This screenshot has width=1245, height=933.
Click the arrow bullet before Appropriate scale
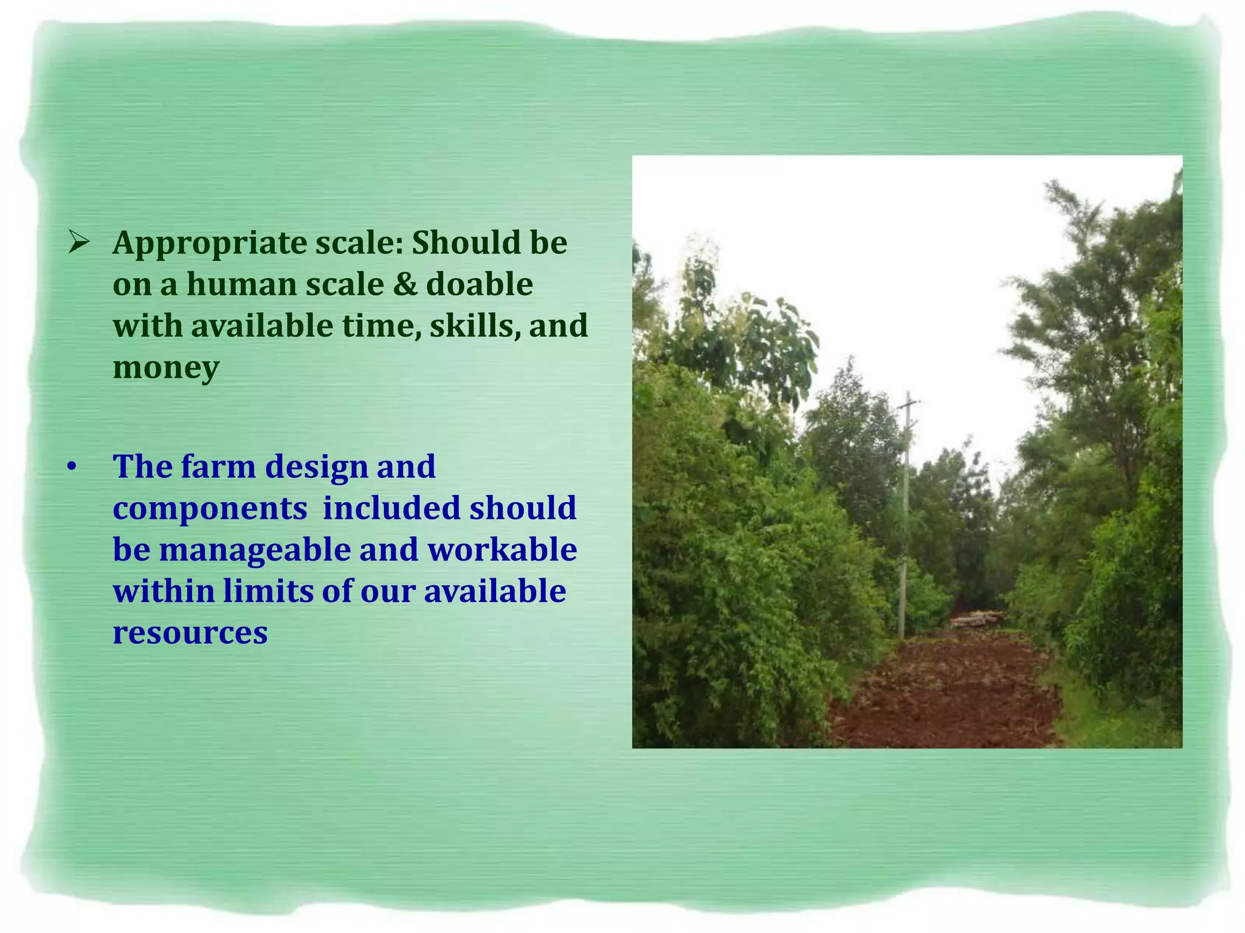pyautogui.click(x=79, y=243)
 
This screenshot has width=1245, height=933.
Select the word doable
pyautogui.click(x=480, y=284)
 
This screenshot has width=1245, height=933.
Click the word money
pyautogui.click(x=166, y=368)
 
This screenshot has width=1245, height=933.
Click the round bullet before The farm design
pyautogui.click(x=72, y=467)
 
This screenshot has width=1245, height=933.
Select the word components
pyautogui.click(x=210, y=509)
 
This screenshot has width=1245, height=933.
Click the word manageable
pyautogui.click(x=255, y=550)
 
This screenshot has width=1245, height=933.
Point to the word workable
pyautogui.click(x=502, y=550)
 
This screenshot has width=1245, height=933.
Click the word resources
pyautogui.click(x=190, y=632)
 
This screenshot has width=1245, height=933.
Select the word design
pyautogui.click(x=316, y=467)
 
